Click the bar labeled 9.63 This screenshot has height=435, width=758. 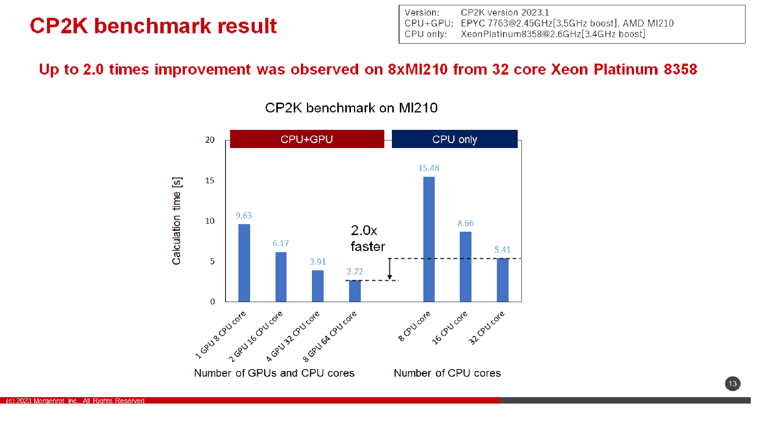tap(244, 263)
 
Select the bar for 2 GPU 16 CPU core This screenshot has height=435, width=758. tap(281, 277)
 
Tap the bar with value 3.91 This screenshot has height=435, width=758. tap(318, 286)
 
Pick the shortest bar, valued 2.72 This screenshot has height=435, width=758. tap(355, 291)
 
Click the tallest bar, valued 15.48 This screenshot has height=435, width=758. tap(429, 239)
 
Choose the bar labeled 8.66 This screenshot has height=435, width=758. tap(465, 267)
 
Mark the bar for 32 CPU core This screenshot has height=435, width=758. tap(503, 280)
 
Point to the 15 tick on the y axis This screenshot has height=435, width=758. tap(210, 181)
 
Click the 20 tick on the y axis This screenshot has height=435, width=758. tap(210, 140)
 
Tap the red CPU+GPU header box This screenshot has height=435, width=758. tap(307, 139)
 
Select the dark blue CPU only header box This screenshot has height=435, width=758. tap(454, 139)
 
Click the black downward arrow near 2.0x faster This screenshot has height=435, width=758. tap(390, 269)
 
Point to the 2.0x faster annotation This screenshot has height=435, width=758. tap(368, 238)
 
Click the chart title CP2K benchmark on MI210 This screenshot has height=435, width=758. tap(351, 108)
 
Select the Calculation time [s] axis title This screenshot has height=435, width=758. tap(177, 221)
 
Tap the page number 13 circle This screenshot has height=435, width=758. tap(733, 384)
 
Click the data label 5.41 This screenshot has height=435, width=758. tap(503, 250)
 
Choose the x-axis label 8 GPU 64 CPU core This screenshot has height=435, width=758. tap(329, 336)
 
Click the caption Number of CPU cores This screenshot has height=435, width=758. tap(447, 373)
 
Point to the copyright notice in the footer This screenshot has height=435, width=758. tap(76, 401)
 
